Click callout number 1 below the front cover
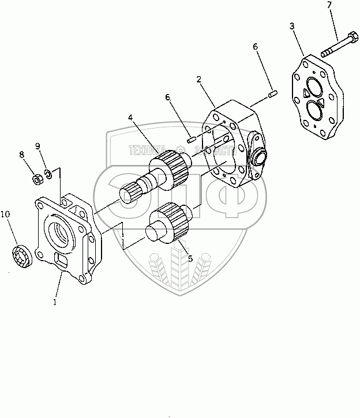coord(55,302)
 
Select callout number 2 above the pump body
coord(199,80)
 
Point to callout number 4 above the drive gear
coord(131,118)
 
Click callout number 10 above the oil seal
coord(5,214)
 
